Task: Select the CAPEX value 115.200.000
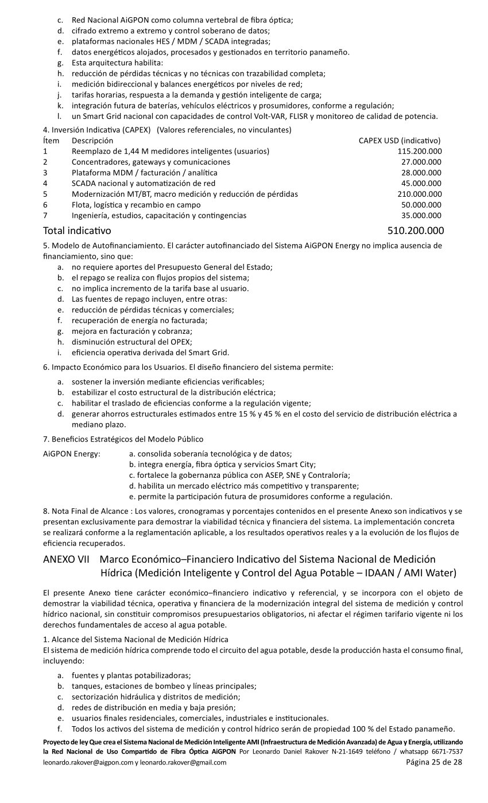[419, 151]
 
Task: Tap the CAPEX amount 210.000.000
[419, 194]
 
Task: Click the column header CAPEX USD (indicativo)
[400, 141]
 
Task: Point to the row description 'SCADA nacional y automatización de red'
[144, 184]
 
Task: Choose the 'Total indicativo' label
[77, 231]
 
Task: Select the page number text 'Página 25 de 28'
[433, 762]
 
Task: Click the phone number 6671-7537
[449, 751]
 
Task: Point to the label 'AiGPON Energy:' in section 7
[72, 454]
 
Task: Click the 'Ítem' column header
[51, 141]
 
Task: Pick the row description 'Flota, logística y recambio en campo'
[136, 205]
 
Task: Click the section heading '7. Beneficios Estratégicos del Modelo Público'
[123, 439]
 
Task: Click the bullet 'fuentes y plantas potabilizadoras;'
[131, 675]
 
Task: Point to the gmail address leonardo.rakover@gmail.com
[183, 763]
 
